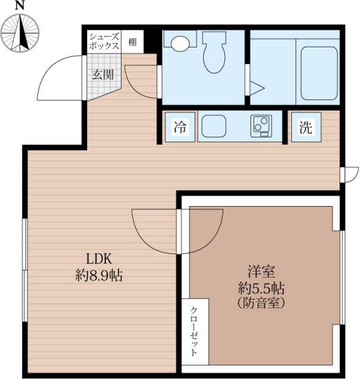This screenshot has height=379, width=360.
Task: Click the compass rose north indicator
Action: (x=20, y=33)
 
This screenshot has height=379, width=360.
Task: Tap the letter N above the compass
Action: (x=20, y=5)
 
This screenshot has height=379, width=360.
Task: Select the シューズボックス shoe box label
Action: (x=104, y=41)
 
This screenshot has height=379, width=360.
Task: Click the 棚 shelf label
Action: (x=132, y=43)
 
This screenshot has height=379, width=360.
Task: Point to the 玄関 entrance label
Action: (x=103, y=75)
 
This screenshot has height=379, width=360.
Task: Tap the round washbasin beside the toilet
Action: (x=180, y=43)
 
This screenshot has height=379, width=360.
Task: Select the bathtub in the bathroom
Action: (x=319, y=73)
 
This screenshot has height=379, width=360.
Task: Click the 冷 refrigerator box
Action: (x=180, y=127)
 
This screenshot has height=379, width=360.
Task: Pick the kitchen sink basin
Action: (x=214, y=126)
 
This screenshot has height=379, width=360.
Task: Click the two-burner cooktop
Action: (x=261, y=126)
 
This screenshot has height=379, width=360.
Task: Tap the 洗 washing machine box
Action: (x=306, y=127)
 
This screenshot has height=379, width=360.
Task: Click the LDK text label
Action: (x=99, y=259)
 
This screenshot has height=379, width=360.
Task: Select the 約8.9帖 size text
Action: (x=99, y=275)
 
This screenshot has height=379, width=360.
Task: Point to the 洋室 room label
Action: (x=261, y=271)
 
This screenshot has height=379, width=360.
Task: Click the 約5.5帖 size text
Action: (x=261, y=288)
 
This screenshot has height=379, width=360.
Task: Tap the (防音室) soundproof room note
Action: (x=261, y=303)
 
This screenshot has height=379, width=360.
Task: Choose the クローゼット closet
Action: (x=195, y=332)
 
